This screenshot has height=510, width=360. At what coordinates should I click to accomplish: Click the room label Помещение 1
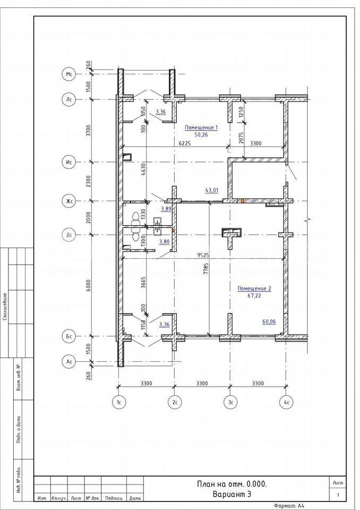[x=201, y=127]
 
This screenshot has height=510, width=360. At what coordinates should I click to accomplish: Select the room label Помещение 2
[x=254, y=288]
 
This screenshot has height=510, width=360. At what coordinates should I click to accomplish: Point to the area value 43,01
[x=211, y=190]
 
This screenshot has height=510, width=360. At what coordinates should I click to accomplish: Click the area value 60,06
[x=269, y=322]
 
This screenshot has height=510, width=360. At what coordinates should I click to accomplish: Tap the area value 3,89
[x=166, y=209]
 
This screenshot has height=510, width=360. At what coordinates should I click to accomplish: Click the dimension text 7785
[x=205, y=269]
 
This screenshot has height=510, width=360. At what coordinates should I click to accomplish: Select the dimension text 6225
[x=184, y=143]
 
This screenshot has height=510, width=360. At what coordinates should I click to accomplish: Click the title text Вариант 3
[x=232, y=495]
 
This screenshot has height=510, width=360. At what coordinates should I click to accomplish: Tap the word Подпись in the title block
[x=114, y=498]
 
